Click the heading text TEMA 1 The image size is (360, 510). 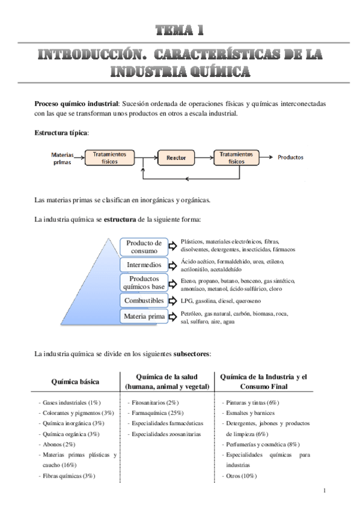point(180,29)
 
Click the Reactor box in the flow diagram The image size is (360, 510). point(176,158)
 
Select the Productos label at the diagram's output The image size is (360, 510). point(290,158)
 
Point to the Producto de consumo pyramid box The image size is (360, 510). point(144,247)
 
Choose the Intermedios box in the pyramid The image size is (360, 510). point(144,265)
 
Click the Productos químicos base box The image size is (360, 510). point(144,283)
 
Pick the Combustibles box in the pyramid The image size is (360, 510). point(144,300)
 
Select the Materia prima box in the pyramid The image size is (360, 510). point(144,316)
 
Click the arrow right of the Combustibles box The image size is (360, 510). point(172,300)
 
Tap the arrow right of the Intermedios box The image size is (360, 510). point(172,265)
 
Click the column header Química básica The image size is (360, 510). point(76,381)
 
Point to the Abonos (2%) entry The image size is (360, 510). point(58,444)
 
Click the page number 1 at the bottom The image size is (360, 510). point(324,492)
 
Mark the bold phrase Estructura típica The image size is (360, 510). point(61,132)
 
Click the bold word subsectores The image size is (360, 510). point(191,354)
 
